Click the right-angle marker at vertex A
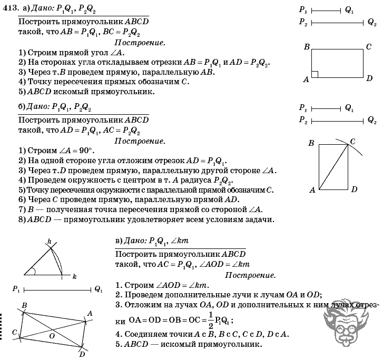pyautogui.click(x=314, y=74)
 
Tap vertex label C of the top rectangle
pyautogui.click(x=369, y=46)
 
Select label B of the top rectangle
pyautogui.click(x=306, y=47)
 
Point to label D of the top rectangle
pyautogui.click(x=369, y=79)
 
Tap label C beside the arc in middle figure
pyautogui.click(x=352, y=141)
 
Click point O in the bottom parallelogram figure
pyautogui.click(x=52, y=335)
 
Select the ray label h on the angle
pyautogui.click(x=49, y=242)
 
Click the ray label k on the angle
pyautogui.click(x=74, y=276)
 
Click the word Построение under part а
pyautogui.click(x=140, y=42)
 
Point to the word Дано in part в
pyautogui.click(x=135, y=241)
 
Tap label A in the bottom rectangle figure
pyautogui.click(x=90, y=314)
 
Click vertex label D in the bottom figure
pyautogui.click(x=82, y=354)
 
